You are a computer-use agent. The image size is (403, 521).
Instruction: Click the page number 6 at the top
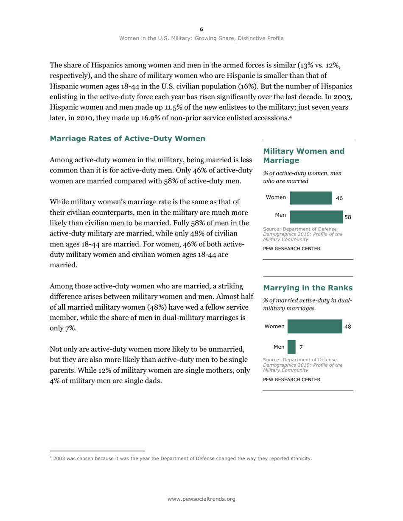(x=201, y=29)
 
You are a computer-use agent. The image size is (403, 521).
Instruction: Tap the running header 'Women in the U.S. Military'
(x=201, y=38)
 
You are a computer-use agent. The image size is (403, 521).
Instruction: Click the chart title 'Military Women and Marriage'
(x=304, y=155)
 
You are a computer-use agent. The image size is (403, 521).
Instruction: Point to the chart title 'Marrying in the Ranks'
(x=308, y=288)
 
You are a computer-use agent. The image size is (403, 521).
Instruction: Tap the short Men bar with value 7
(x=291, y=347)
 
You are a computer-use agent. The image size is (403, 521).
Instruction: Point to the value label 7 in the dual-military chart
(x=301, y=347)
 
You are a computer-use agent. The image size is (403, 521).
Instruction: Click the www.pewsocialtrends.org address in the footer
(x=201, y=499)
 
